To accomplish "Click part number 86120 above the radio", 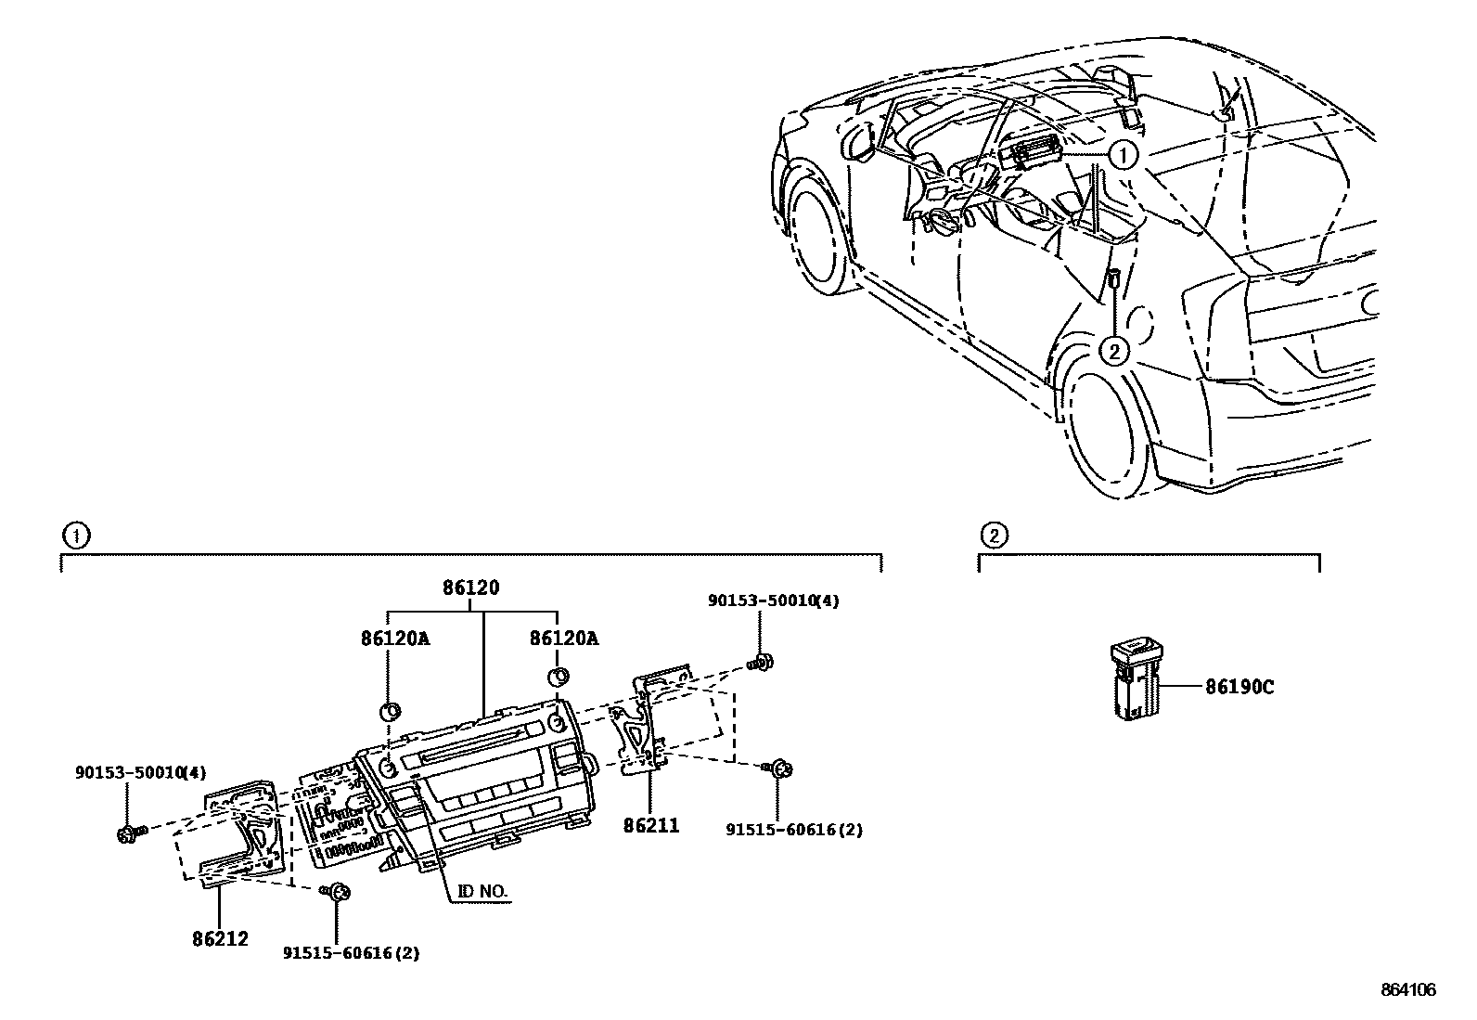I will (470, 588).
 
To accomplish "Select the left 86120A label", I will (395, 639).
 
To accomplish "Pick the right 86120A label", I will (564, 639).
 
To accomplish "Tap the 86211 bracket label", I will (651, 824).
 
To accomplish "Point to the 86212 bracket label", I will (221, 939).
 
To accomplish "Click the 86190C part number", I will (1239, 687).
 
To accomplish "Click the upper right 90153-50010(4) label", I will (773, 601).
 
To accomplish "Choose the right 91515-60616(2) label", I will (794, 830).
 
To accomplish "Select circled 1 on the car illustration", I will (1123, 155).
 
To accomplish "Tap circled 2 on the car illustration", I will (1113, 350).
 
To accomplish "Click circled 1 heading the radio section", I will (75, 535).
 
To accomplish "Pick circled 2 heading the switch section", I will (993, 535).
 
